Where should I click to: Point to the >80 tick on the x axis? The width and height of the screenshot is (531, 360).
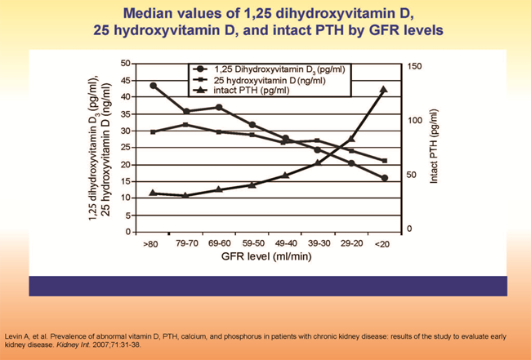pyautogui.click(x=150, y=242)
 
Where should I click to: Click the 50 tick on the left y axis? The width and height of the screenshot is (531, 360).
pyautogui.click(x=125, y=63)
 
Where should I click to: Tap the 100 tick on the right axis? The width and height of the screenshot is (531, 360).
pyautogui.click(x=415, y=121)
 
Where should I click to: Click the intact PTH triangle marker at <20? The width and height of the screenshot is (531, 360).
pyautogui.click(x=384, y=89)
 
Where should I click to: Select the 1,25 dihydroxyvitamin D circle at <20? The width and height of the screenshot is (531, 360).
pyautogui.click(x=384, y=178)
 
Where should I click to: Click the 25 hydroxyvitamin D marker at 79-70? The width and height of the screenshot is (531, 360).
pyautogui.click(x=187, y=124)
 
